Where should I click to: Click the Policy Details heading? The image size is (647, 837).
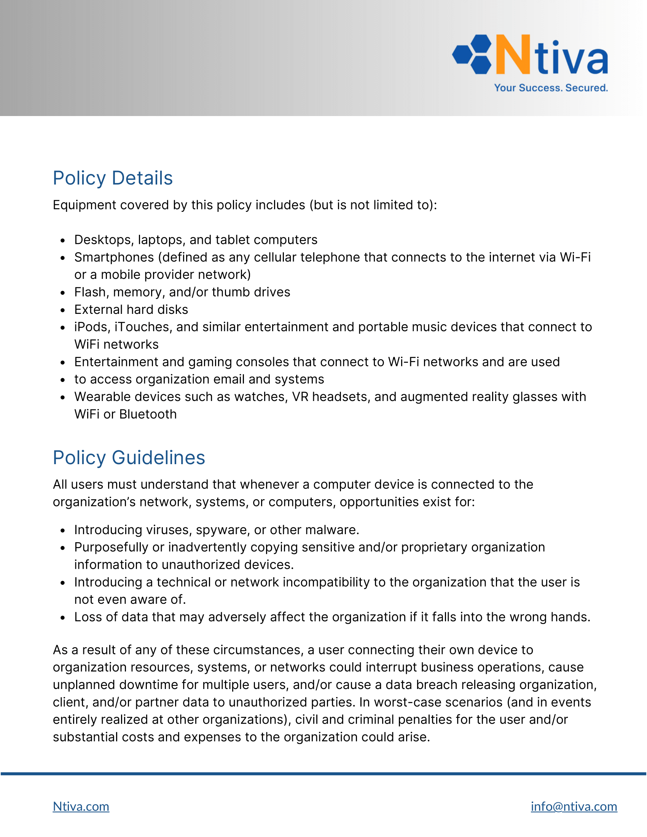click(x=113, y=178)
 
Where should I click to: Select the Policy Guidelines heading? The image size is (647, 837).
click(x=129, y=458)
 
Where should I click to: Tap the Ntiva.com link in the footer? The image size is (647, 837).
click(x=81, y=806)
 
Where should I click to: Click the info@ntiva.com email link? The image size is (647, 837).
click(x=574, y=806)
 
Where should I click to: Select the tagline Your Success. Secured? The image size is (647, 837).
click(x=551, y=88)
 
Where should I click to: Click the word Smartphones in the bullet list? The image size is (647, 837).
click(x=114, y=257)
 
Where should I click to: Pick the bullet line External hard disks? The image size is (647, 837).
click(x=131, y=310)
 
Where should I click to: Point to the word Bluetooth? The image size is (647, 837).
click(x=148, y=414)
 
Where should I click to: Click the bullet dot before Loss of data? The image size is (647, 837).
click(x=63, y=617)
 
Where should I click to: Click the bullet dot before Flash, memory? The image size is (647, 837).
click(x=63, y=293)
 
